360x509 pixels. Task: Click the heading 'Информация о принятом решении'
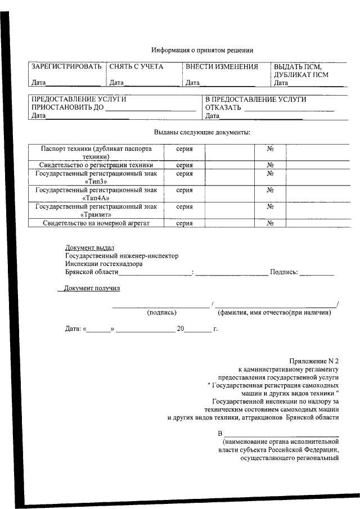202,49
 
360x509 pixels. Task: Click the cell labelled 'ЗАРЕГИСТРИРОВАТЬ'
66,66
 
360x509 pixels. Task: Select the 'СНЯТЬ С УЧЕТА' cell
136,66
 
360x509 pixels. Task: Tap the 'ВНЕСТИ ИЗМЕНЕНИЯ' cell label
222,66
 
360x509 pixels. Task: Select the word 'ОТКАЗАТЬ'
223,107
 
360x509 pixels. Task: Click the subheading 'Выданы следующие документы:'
202,132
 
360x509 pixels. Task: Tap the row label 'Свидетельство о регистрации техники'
96,165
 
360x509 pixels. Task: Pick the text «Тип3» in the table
96,182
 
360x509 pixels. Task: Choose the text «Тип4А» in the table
96,198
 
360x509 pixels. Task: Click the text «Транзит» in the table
96,214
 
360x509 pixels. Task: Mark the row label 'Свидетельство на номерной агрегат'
96,223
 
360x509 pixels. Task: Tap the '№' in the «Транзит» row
270,206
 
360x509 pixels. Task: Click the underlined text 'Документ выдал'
89,247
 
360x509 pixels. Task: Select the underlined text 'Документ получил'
92,289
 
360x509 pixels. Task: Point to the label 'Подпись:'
283,272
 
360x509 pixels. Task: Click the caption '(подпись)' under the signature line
162,313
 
